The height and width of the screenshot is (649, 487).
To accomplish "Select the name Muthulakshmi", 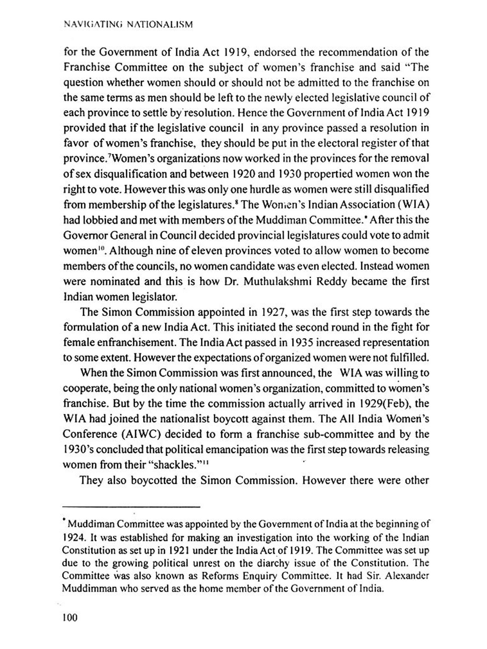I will coord(277,281).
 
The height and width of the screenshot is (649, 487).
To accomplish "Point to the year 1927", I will coord(273,312).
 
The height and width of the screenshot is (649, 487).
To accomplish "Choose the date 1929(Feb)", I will coord(385,403).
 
